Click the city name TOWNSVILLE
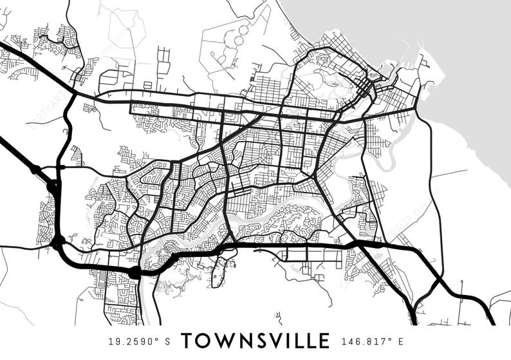(256, 341)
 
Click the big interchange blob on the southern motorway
(135, 273)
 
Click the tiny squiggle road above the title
(278, 316)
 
